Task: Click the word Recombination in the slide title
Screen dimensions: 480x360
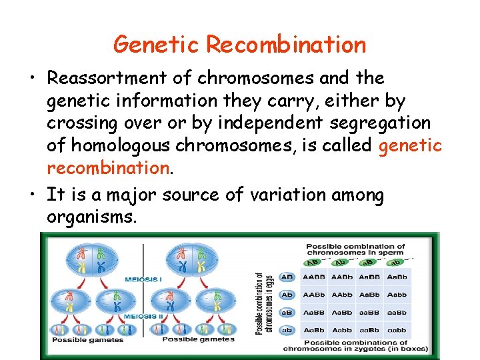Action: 286,45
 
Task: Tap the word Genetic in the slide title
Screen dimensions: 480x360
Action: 157,45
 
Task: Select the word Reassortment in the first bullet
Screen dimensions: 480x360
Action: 107,78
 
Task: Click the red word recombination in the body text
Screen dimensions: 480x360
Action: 107,167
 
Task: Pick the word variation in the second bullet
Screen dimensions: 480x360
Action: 287,195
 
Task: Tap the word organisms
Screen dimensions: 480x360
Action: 92,217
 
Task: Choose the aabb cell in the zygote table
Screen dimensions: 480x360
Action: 397,330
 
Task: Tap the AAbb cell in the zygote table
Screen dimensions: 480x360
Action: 341,295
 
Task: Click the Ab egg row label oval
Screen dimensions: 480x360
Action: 287,295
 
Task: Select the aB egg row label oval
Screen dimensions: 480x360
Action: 287,312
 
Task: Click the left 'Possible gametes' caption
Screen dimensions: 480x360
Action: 87,340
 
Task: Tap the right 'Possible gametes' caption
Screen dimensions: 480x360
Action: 198,339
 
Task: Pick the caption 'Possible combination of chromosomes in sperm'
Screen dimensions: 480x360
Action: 364,250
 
